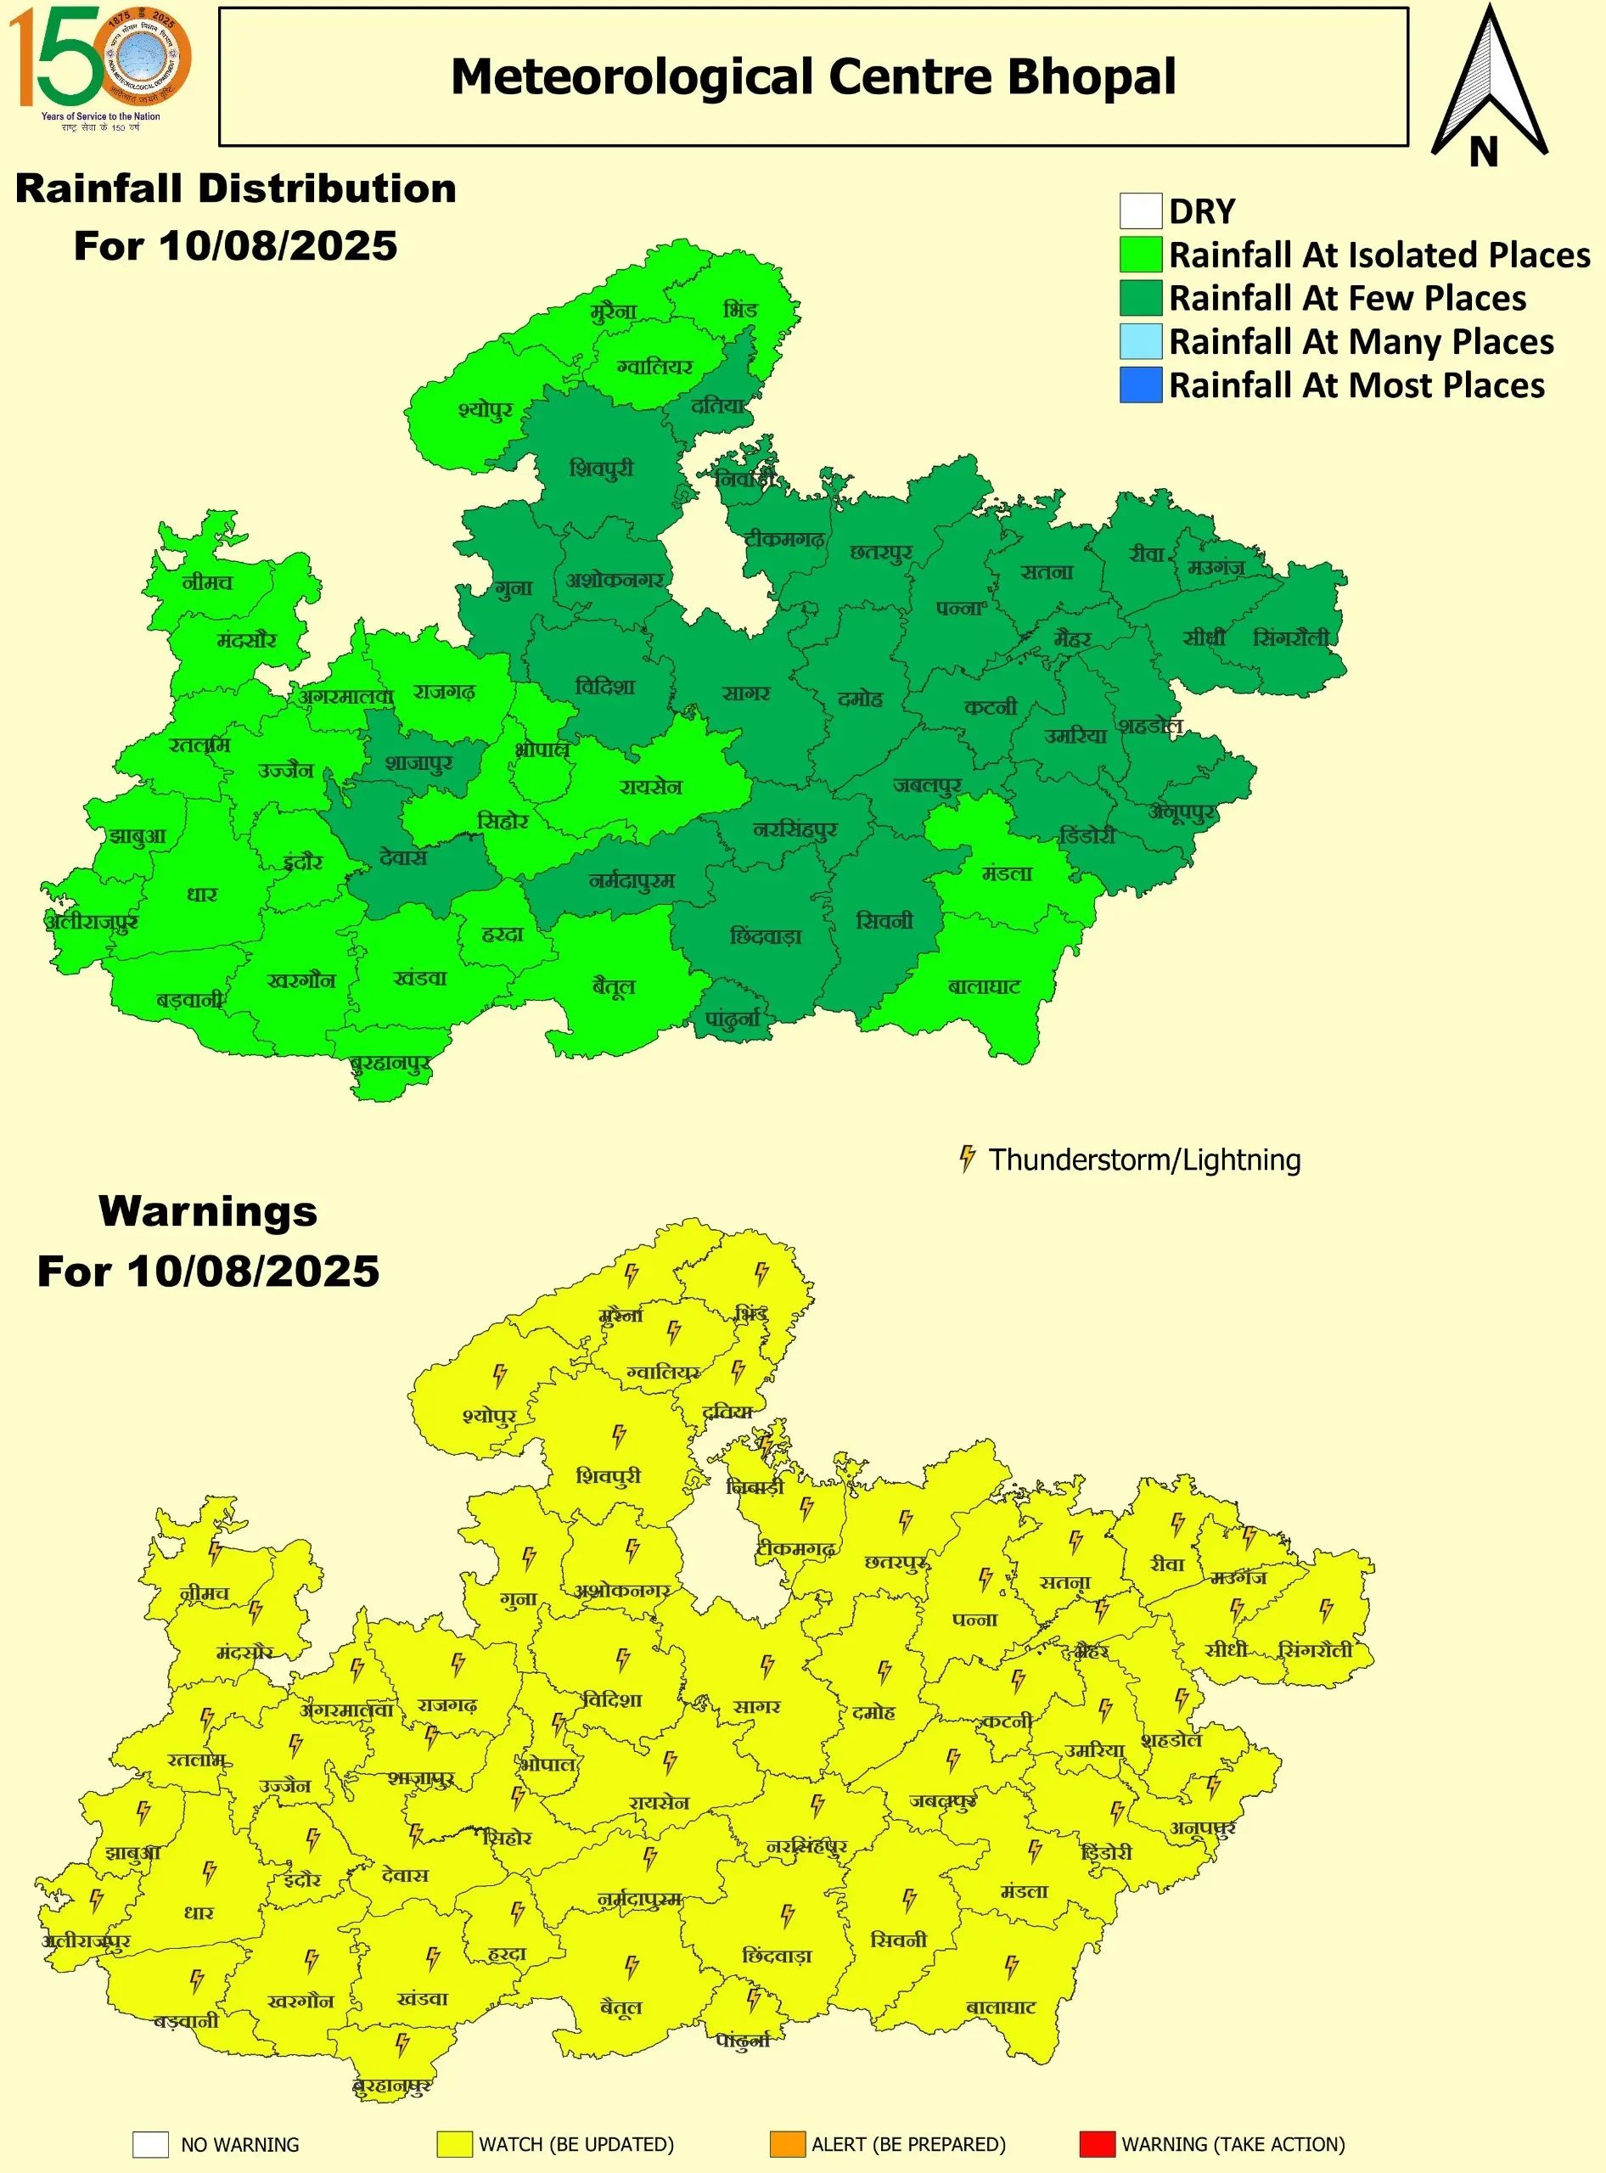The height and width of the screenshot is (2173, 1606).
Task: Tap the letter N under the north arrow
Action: click(1483, 152)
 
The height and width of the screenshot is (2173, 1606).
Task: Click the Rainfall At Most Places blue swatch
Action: click(1140, 385)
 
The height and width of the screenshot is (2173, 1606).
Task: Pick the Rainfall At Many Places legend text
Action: click(1360, 341)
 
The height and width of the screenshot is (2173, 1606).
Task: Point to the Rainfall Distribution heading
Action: click(236, 188)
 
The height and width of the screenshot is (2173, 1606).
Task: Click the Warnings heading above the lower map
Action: click(208, 1211)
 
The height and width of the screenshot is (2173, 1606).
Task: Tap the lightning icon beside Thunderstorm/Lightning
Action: click(966, 1158)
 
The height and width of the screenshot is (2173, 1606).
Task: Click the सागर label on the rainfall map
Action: click(745, 693)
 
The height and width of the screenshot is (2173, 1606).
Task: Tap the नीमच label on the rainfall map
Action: click(207, 582)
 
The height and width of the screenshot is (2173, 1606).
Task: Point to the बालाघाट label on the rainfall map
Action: click(984, 987)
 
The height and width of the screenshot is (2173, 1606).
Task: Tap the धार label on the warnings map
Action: click(199, 1912)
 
